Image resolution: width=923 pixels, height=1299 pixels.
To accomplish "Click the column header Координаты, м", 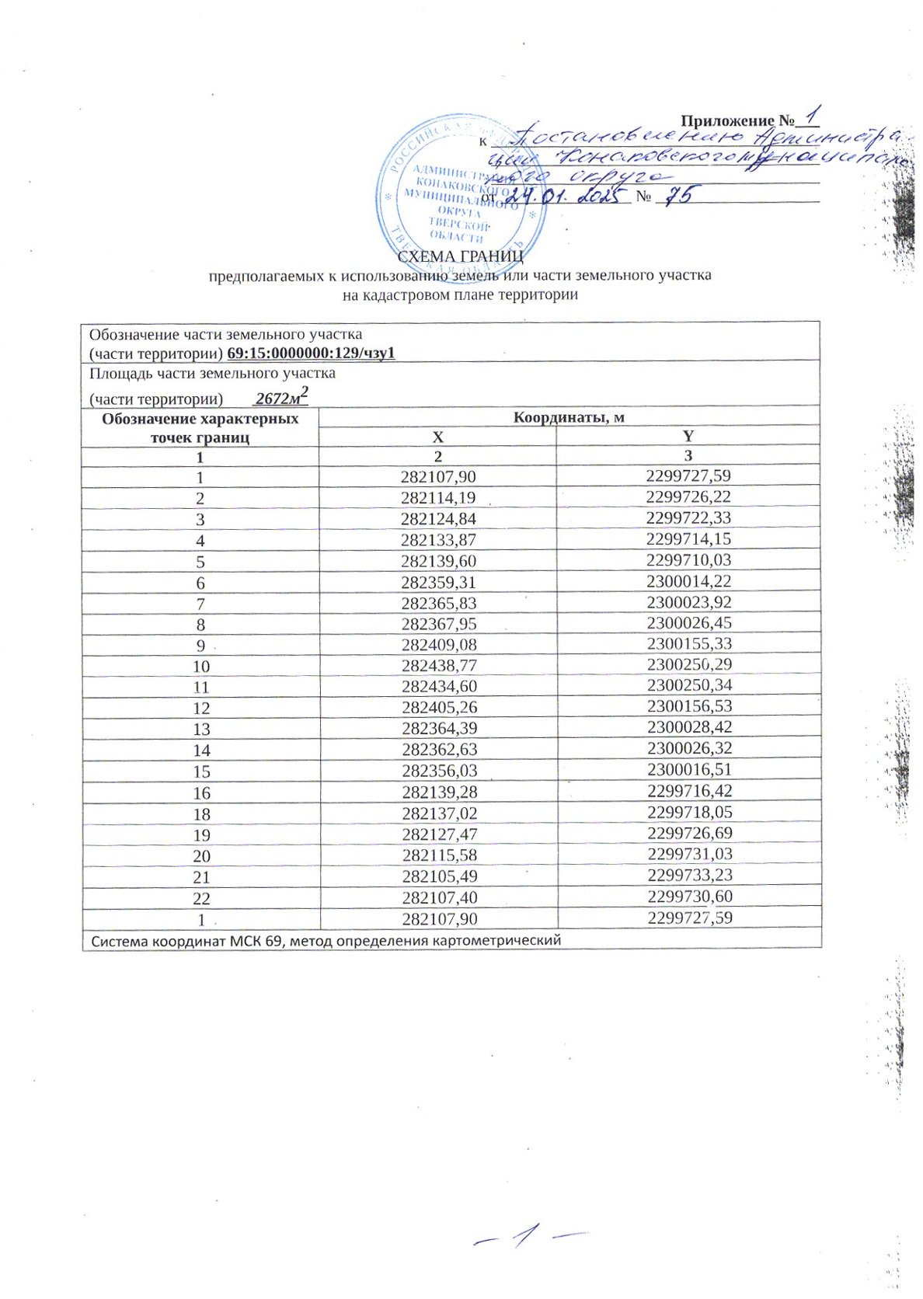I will pyautogui.click(x=569, y=417).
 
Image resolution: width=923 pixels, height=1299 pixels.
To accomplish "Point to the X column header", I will pyautogui.click(x=438, y=437).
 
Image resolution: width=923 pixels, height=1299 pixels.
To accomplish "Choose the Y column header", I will pyautogui.click(x=688, y=437).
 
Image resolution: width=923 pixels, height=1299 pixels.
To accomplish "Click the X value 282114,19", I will pyautogui.click(x=438, y=497).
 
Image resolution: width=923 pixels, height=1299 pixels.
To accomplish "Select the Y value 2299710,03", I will pyautogui.click(x=688, y=560).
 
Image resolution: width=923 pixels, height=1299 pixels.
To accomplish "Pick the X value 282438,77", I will pyautogui.click(x=438, y=665).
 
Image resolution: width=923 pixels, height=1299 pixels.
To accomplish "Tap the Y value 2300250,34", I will pyautogui.click(x=688, y=686).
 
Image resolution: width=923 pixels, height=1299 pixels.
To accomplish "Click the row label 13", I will pyautogui.click(x=201, y=729).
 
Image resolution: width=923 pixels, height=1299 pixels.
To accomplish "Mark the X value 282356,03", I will pyautogui.click(x=438, y=771).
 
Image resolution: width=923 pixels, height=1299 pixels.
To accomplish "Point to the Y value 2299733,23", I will pyautogui.click(x=688, y=876).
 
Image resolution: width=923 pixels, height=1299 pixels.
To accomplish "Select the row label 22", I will pyautogui.click(x=201, y=898).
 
